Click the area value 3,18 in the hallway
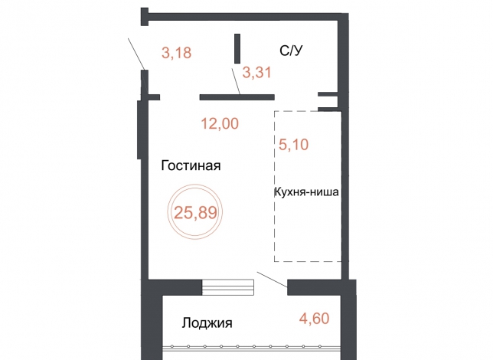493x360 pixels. pyautogui.click(x=176, y=53)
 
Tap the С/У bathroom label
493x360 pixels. pyautogui.click(x=291, y=51)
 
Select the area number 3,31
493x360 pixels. pyautogui.click(x=257, y=72)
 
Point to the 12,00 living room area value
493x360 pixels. pyautogui.click(x=220, y=123)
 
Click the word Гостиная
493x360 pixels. pyautogui.click(x=191, y=165)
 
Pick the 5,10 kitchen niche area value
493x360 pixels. pyautogui.click(x=294, y=145)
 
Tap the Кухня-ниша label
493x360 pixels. pyautogui.click(x=306, y=191)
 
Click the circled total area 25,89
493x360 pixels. pyautogui.click(x=195, y=212)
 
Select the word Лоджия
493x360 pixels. pyautogui.click(x=207, y=323)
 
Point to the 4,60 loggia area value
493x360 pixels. pyautogui.click(x=315, y=318)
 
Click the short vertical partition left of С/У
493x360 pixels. pyautogui.click(x=237, y=49)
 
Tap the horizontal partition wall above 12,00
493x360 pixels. pyautogui.click(x=237, y=97)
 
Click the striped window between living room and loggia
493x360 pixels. pyautogui.click(x=227, y=287)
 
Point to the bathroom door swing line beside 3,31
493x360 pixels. pyautogui.click(x=236, y=81)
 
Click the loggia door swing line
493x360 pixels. pyautogui.click(x=272, y=279)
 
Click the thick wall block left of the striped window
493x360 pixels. pyautogui.click(x=175, y=287)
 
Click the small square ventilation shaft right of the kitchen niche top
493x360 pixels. pyautogui.click(x=328, y=102)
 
